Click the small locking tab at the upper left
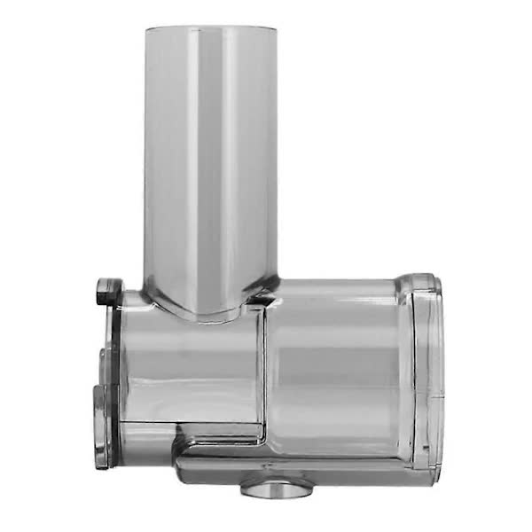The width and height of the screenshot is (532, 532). point(108,289)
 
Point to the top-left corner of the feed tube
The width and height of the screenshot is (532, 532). point(146,30)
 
